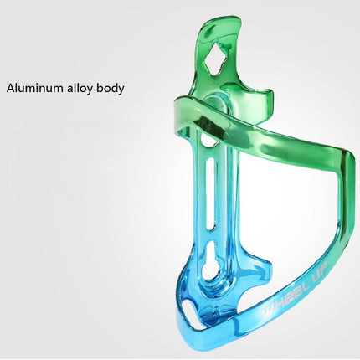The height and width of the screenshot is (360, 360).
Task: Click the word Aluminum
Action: (x=39, y=87)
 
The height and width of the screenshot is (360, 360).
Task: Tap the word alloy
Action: (x=87, y=87)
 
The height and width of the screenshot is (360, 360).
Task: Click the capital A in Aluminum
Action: (x=11, y=87)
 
